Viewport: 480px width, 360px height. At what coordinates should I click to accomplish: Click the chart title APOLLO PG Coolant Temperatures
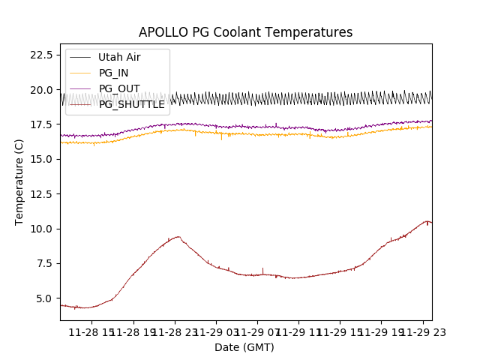coord(245,32)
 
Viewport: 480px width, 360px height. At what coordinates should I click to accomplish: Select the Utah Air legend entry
coord(118,57)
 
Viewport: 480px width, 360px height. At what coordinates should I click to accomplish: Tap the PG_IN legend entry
coord(113,73)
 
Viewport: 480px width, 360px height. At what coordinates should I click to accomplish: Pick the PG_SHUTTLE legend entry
coord(131,104)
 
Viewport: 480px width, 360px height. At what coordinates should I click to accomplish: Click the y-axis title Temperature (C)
coord(19,182)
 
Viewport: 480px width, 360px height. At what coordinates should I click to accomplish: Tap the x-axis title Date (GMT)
coord(244,347)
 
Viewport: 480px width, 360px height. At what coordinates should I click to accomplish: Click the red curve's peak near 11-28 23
coord(178,237)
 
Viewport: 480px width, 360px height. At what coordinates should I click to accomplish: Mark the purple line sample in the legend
coord(79,88)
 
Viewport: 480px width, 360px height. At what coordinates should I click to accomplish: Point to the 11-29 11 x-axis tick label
coord(298,332)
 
